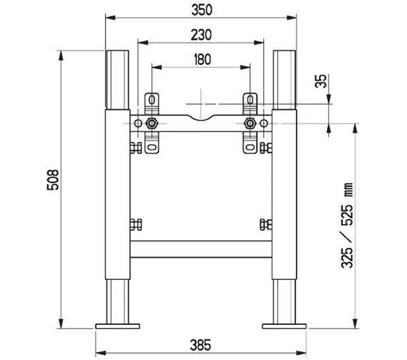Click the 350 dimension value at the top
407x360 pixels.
click(201, 11)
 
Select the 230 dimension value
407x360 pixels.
click(201, 34)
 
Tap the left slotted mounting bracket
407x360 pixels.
click(151, 122)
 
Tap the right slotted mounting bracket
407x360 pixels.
click(250, 122)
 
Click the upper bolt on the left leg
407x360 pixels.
click(134, 149)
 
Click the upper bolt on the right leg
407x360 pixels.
click(267, 149)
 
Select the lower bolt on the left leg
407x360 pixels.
click(134, 224)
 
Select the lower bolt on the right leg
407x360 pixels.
click(267, 224)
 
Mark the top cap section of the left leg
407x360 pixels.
click(118, 79)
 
